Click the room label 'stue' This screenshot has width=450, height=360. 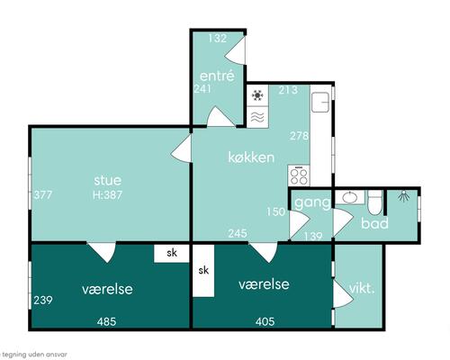(108, 180)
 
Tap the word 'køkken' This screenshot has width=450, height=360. (251, 157)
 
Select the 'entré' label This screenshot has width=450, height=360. (217, 76)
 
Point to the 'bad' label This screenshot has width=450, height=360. (374, 223)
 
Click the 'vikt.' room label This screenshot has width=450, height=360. (362, 288)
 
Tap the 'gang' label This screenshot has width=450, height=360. (312, 203)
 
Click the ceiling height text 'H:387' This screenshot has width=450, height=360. (107, 195)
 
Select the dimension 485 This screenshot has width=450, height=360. (106, 322)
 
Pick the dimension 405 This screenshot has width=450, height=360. (265, 322)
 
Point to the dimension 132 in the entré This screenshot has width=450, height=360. (218, 39)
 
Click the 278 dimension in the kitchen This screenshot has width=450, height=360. (299, 136)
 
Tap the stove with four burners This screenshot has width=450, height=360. (299, 175)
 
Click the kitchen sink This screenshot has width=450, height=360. (320, 102)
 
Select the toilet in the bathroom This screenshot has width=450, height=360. (375, 202)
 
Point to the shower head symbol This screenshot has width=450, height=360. (404, 197)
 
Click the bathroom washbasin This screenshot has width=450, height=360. (350, 197)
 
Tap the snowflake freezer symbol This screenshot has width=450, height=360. (257, 95)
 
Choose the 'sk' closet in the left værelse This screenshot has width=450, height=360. (172, 253)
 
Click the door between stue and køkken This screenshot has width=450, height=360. (181, 148)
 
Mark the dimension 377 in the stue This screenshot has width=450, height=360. (43, 195)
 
